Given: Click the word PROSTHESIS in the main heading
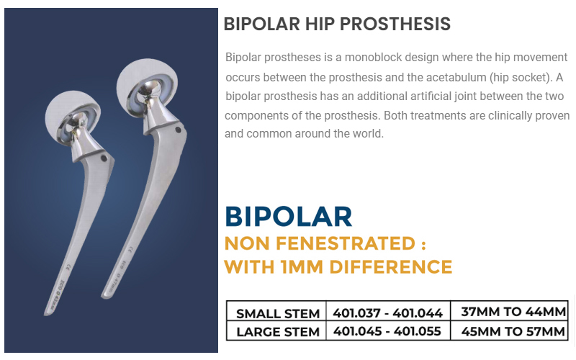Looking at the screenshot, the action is [395, 24].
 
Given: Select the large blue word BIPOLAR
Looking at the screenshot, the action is [289, 217].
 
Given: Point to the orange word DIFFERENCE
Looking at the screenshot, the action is [390, 267].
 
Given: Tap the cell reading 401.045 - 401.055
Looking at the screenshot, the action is [387, 331].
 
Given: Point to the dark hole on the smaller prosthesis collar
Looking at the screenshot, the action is [104, 158].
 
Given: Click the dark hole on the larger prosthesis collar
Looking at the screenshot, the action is [178, 130].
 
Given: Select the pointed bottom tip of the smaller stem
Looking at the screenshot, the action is [45, 314].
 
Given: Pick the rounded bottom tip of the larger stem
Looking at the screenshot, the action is [104, 295].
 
